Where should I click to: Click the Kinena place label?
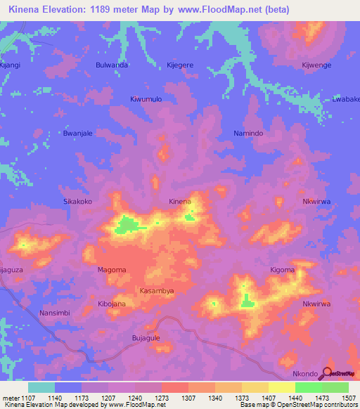click(180, 202)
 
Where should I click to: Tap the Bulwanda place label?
click(111, 65)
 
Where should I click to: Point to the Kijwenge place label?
click(316, 65)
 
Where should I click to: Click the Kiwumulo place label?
click(146, 99)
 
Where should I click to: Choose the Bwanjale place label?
click(78, 133)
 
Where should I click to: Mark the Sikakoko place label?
click(78, 201)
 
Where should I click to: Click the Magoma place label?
click(111, 270)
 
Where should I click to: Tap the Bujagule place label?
click(146, 338)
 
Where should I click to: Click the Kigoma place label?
click(283, 270)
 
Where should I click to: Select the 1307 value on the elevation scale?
click(188, 398)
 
